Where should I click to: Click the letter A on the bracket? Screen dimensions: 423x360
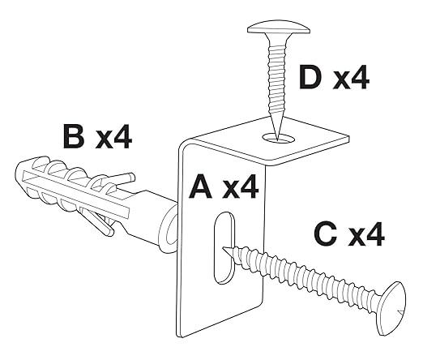point(200,186)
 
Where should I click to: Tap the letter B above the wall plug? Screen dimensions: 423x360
point(74,135)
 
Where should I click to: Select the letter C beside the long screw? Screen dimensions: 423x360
point(327,234)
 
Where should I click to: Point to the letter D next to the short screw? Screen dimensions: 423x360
point(310,77)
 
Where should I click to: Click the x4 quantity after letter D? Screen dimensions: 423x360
point(351,77)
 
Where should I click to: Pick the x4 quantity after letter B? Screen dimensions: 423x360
point(113,136)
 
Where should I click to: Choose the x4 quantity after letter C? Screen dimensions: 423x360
point(366,234)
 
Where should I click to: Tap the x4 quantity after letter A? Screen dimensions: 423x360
point(241,186)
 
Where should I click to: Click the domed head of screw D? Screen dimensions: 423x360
point(279,28)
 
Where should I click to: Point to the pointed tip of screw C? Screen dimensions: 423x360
point(223,248)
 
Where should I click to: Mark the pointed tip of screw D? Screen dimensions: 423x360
point(277,140)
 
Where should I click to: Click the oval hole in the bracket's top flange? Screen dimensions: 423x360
point(278,138)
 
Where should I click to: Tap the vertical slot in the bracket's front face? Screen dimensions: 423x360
point(224,248)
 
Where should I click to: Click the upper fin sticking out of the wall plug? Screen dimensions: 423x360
point(121,179)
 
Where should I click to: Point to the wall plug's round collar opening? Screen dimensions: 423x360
point(169,229)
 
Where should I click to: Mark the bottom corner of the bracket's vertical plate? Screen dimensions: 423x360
point(183,337)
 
